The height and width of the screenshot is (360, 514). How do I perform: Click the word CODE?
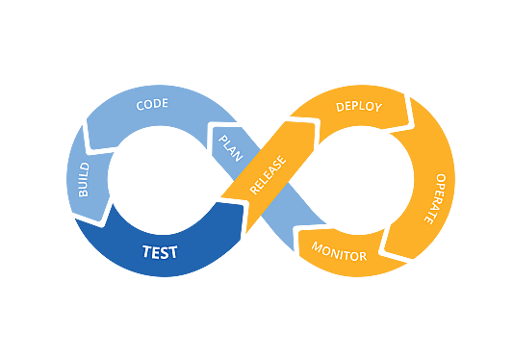point(152,104)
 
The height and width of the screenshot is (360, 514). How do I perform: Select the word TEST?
point(160,253)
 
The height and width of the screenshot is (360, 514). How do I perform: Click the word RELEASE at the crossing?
point(269,172)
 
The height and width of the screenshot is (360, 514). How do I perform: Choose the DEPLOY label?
point(359,106)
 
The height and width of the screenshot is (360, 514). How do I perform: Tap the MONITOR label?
point(339,252)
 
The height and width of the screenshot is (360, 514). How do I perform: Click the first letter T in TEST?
point(145,253)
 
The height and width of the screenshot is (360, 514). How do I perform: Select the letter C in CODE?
point(141,105)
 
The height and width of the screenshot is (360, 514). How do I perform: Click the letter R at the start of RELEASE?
point(255,190)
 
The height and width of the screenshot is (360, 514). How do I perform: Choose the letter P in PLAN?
point(223,140)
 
